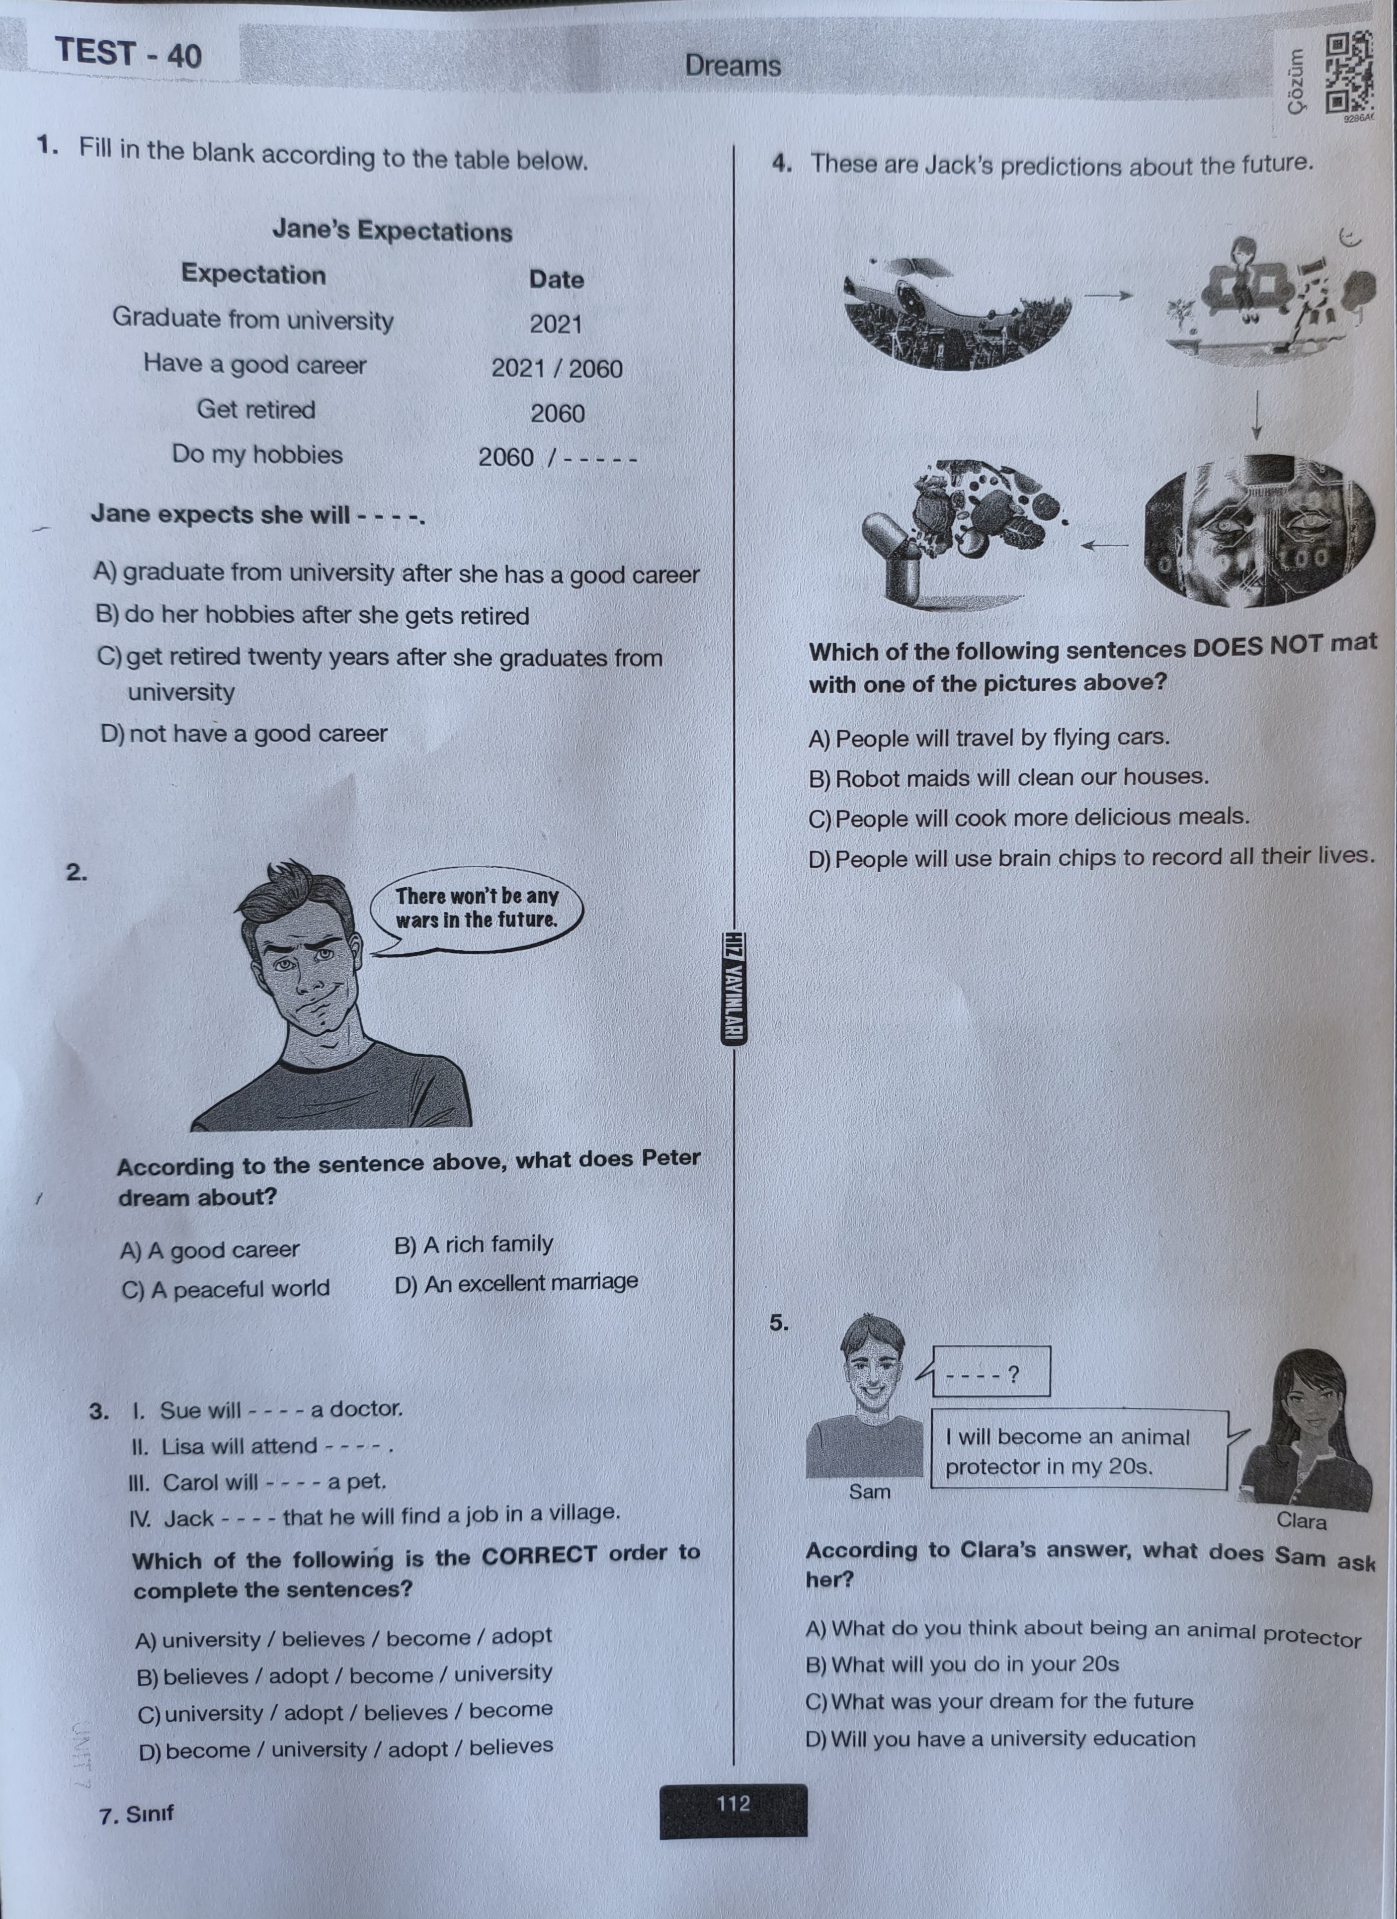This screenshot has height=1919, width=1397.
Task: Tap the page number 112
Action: (x=733, y=1803)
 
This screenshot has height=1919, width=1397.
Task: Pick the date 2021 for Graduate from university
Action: (x=556, y=324)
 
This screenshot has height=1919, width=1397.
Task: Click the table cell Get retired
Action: (x=255, y=410)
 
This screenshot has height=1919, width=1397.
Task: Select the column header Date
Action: (x=556, y=279)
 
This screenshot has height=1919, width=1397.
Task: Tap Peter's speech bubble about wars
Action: (x=477, y=908)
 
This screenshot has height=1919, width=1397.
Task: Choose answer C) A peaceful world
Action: (x=225, y=1289)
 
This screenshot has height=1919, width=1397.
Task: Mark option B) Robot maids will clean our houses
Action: (x=1009, y=777)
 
